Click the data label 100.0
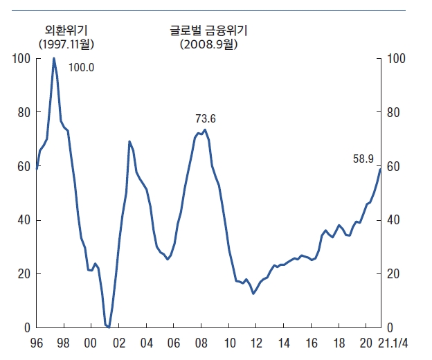pyautogui.click(x=81, y=68)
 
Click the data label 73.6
pyautogui.click(x=206, y=119)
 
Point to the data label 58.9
pyautogui.click(x=363, y=159)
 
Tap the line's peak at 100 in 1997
pyautogui.click(x=54, y=58)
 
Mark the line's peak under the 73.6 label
pyautogui.click(x=205, y=130)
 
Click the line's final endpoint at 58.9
pyautogui.click(x=380, y=169)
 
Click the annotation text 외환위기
pyautogui.click(x=66, y=30)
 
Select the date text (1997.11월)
pyautogui.click(x=66, y=44)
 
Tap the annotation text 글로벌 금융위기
pyautogui.click(x=209, y=30)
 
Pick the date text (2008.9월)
pyautogui.click(x=209, y=44)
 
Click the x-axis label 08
pyautogui.click(x=202, y=343)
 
